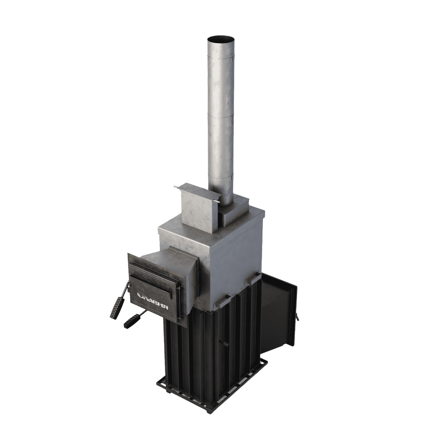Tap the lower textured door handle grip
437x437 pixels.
point(133,321)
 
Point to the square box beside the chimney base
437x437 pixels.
point(199,209)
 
